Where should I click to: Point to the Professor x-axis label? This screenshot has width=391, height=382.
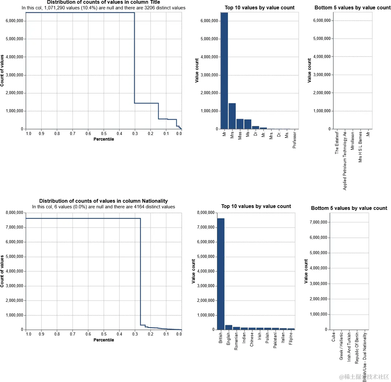[294, 140]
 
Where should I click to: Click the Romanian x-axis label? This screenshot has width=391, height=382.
[236, 341]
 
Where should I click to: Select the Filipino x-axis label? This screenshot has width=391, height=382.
[291, 338]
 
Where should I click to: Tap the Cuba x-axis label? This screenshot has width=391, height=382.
[333, 336]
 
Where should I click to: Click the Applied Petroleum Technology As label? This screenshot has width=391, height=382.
[345, 161]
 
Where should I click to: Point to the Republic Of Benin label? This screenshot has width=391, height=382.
[357, 348]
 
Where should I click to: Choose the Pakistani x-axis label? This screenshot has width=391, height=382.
[275, 340]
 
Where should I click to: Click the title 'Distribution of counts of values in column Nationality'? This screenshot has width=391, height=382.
[103, 201]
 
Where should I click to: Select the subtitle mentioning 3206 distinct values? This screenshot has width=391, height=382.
[103, 8]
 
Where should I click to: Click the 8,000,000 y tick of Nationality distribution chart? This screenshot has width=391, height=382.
[14, 213]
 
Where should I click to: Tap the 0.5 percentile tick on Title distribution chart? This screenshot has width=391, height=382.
[104, 133]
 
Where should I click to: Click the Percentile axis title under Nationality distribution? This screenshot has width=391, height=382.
[104, 340]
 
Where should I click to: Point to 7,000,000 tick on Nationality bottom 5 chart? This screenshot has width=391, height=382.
[318, 222]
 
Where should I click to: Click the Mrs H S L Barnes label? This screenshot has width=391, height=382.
[360, 147]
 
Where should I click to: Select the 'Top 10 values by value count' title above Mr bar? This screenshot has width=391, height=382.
[259, 7]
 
